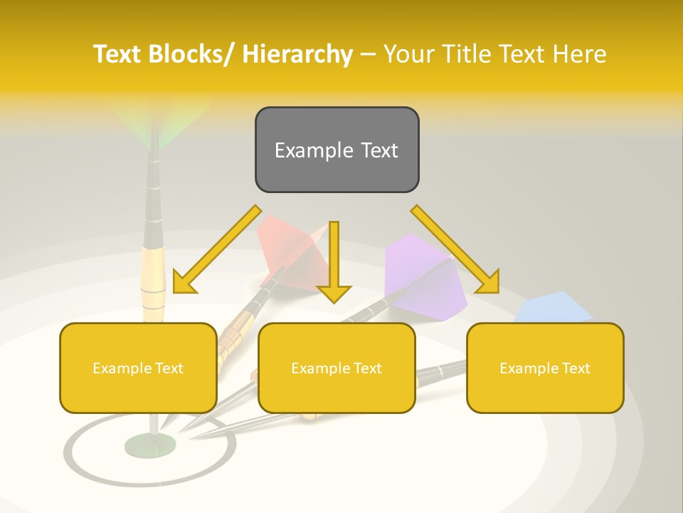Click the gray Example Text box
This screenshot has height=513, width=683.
coord(337,150)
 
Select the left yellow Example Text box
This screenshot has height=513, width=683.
coord(138,368)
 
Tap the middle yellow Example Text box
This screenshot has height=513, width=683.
coord(337,368)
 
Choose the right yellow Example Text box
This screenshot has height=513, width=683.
coord(545,368)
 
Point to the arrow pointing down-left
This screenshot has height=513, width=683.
coord(217,249)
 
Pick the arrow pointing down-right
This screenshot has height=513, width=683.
coord(455,249)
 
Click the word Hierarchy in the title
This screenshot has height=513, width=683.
coord(297,54)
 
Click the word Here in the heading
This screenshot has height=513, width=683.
coord(579,54)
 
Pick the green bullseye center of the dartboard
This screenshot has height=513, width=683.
coord(150,446)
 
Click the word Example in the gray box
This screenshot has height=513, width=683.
coord(304,150)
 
